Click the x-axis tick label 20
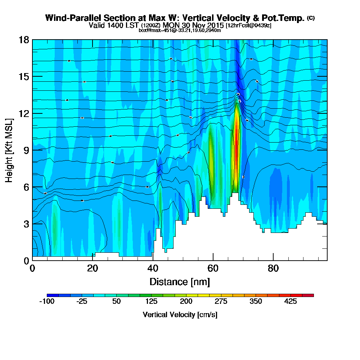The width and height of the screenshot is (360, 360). coord(93,268)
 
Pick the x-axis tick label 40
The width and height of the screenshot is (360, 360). coord(153,268)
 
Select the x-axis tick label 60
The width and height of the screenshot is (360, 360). coord(213,268)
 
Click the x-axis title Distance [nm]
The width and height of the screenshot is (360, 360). coord(180,281)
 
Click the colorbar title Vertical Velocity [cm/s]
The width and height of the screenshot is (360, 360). coord(180,315)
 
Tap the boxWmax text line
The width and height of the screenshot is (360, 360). coord(180,30)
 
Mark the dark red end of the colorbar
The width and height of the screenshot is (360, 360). coord(311,295)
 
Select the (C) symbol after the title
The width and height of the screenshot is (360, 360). coord(311,18)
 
